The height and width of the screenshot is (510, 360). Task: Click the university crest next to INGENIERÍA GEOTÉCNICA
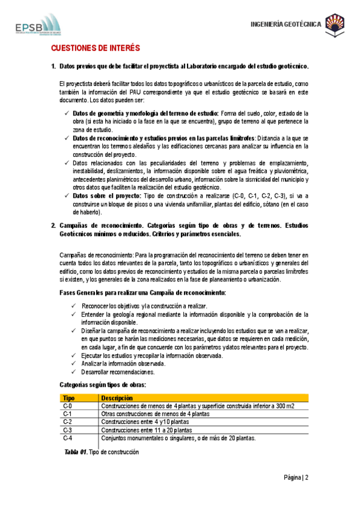[x=335, y=25]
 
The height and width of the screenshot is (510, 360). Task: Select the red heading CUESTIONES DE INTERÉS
[x=96, y=48]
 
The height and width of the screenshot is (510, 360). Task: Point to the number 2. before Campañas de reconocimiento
[x=53, y=225]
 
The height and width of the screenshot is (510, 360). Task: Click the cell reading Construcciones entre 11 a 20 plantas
[x=147, y=431]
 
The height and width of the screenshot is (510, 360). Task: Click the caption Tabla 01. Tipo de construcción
[x=102, y=452]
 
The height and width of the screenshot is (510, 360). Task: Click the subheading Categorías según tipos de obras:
[x=103, y=384]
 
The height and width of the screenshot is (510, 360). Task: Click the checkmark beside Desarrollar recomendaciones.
[x=73, y=372]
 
